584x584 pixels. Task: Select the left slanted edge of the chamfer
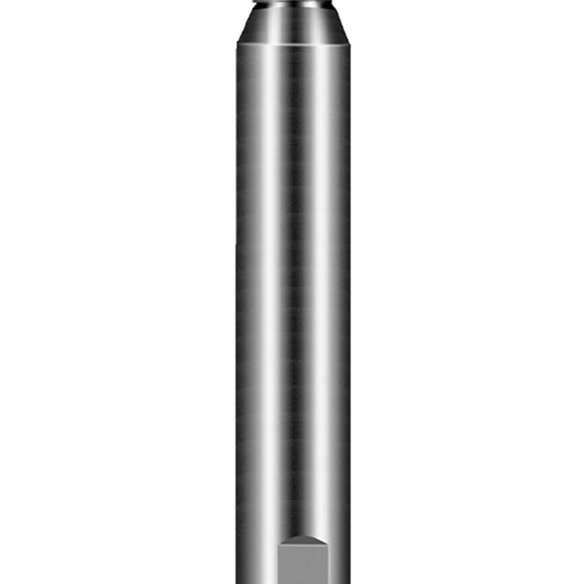point(242,26)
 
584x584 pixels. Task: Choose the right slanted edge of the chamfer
point(343,26)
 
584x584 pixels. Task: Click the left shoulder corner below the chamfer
point(237,44)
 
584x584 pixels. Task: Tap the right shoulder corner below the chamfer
point(349,44)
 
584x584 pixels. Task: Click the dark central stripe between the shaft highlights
point(295,292)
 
